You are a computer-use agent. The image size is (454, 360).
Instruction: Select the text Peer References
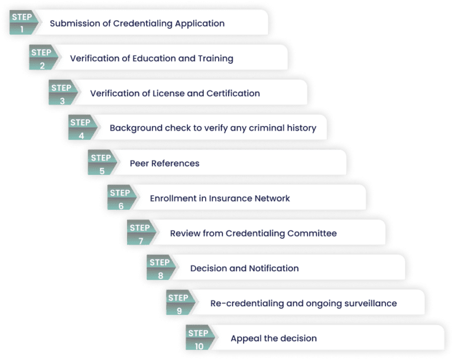coord(164,163)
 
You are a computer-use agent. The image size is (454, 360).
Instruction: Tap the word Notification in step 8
coord(274,268)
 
